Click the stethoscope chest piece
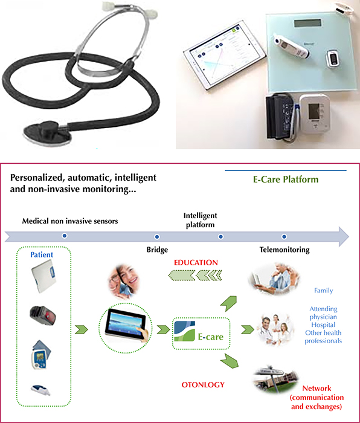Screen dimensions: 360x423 tap(48, 131)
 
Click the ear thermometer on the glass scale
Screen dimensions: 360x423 tap(292, 48)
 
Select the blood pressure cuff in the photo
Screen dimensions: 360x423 tap(280, 116)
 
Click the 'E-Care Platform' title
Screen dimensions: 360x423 tap(286, 179)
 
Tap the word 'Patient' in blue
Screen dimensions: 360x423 tap(42, 254)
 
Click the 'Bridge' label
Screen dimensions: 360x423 tap(157, 250)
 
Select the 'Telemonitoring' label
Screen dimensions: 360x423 tap(284, 250)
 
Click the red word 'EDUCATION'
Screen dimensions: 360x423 tap(196, 262)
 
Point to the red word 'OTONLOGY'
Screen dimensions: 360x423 tap(203, 385)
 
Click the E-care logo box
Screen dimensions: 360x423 tap(201, 334)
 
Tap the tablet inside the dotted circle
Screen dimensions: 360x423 tap(126, 325)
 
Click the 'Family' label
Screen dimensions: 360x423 tap(323, 291)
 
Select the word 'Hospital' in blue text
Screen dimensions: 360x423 tap(323, 325)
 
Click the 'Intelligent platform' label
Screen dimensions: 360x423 tap(200, 220)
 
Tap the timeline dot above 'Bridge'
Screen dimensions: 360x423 tap(157, 237)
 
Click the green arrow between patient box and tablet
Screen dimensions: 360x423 tap(81, 329)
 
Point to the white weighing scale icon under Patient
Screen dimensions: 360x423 tap(43, 279)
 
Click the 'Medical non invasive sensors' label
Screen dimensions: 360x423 tap(70, 221)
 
